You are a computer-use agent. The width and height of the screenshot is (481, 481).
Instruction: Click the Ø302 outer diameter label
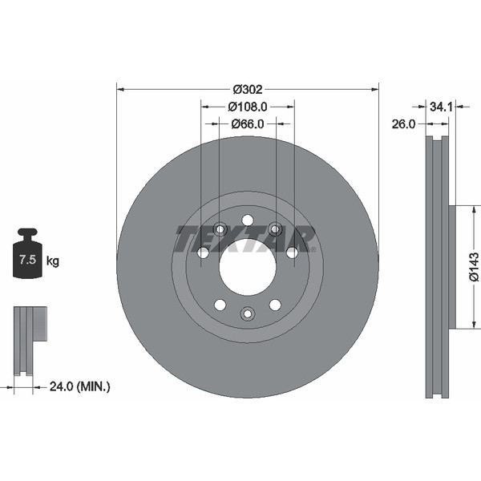248,89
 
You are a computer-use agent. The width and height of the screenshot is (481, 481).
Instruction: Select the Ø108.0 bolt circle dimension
248,107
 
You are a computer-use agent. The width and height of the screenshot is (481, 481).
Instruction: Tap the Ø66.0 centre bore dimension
248,124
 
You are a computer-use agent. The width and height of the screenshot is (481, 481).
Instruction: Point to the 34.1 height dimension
441,107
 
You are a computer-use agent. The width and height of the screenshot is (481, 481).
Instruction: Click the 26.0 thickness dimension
403,124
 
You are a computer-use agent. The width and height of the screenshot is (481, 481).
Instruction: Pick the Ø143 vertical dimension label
474,267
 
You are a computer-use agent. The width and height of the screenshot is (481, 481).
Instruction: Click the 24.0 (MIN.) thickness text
79,386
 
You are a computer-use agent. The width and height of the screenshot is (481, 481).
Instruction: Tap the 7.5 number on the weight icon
28,260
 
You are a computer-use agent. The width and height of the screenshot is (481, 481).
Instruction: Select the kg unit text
52,261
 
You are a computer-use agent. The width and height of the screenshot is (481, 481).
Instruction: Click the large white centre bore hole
248,267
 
